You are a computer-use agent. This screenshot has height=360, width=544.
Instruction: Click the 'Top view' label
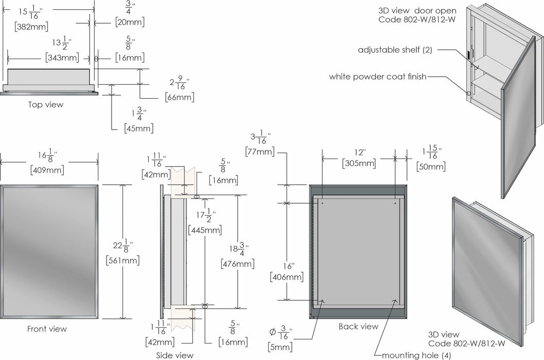[46, 105]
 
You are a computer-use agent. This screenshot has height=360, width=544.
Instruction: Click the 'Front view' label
[47, 329]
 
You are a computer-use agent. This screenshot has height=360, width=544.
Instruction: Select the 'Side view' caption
[175, 355]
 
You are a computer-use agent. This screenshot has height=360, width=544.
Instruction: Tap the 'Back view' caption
[358, 327]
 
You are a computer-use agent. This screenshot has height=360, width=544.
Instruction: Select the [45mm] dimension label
[138, 128]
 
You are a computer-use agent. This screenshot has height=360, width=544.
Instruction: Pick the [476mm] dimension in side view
[237, 264]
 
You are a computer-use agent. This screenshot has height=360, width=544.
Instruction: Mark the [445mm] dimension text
[204, 230]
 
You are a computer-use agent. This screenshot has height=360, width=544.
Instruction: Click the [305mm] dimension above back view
[359, 164]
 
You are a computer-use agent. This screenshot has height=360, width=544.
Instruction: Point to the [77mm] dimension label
[260, 151]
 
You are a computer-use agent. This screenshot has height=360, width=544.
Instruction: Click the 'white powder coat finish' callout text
[378, 77]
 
